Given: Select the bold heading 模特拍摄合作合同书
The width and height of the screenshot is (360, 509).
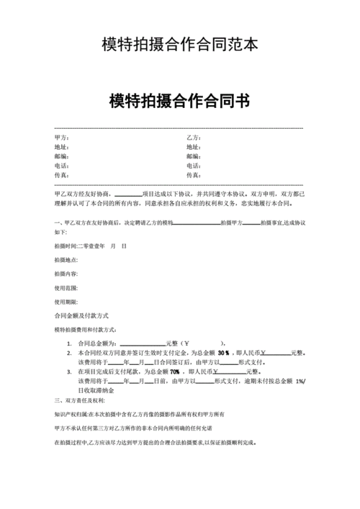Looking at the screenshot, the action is (179, 101).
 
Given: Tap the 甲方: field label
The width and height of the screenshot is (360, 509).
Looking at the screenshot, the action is (61, 137).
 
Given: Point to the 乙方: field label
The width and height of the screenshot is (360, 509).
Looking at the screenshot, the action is (193, 137).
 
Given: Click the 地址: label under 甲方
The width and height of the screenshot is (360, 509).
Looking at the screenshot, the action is (61, 146).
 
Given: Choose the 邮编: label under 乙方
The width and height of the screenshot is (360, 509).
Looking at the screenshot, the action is (193, 156).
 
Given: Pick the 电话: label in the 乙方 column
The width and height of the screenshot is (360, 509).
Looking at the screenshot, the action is (193, 165).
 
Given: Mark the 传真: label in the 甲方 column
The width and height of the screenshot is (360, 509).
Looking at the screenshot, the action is (61, 174).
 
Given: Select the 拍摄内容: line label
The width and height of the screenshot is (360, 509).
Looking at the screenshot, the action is (66, 274).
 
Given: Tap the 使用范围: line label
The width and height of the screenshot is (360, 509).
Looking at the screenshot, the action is (66, 287).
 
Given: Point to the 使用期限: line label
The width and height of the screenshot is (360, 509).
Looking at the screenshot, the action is (66, 302).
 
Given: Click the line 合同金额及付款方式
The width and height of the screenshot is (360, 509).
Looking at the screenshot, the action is (81, 315).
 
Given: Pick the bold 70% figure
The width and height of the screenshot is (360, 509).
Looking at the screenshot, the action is (174, 371).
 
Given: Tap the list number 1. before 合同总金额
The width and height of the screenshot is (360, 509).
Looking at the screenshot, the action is (69, 343).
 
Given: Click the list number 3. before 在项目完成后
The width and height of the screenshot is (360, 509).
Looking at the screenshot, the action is (69, 371).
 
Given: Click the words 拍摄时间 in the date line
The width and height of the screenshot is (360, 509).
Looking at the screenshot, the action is (65, 246).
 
